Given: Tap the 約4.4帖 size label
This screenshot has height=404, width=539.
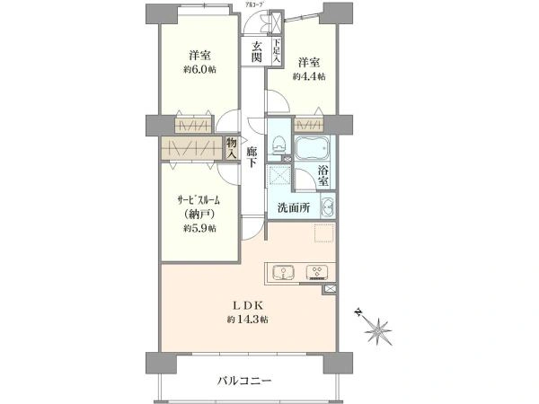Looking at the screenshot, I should (309, 77).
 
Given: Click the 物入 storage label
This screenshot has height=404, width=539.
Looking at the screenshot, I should (232, 148).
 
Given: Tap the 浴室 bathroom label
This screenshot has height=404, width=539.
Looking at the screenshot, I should (324, 172).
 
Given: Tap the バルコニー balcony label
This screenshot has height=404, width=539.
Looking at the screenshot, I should (243, 381).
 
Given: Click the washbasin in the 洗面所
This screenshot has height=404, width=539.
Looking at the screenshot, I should (326, 208).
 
